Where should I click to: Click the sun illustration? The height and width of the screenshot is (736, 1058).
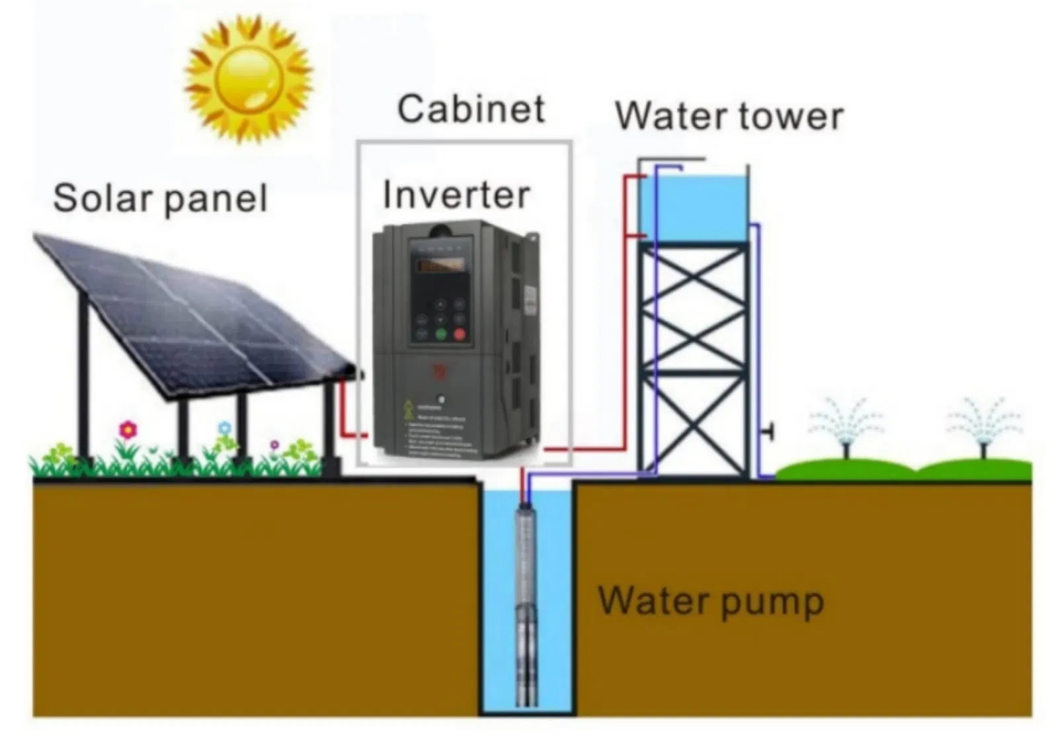248,79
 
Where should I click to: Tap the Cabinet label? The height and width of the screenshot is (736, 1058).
471,109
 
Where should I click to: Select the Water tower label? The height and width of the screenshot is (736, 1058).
729,116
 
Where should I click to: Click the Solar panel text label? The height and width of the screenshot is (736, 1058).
160,198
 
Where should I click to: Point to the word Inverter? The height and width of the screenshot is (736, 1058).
456,195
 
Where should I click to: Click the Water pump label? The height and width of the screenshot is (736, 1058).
711,601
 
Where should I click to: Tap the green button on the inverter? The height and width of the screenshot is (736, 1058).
441,334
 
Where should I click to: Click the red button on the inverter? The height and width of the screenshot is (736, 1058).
459,334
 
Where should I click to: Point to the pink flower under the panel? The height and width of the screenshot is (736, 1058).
128,430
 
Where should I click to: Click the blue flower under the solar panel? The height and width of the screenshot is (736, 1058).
225,428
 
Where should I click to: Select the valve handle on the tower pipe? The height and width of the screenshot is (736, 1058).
768,432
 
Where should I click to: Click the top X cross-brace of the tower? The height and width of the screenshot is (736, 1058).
692,278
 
